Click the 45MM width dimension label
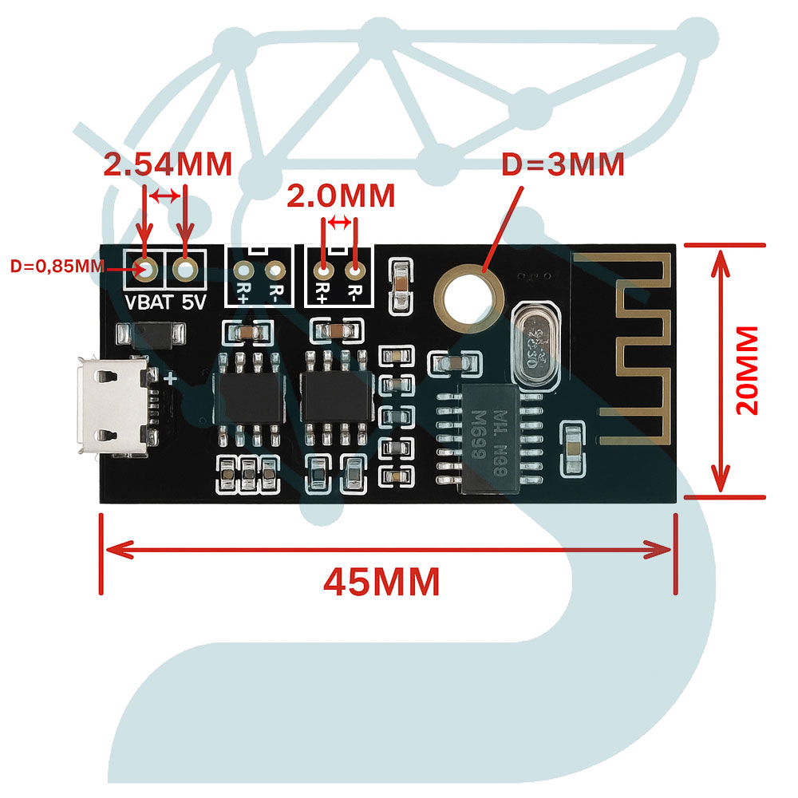pos(381,582)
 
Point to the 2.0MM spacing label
pos(341,196)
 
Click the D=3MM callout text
pos(563,165)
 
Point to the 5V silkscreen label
pos(192,303)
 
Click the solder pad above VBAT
pos(146,270)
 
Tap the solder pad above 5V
pos(185,270)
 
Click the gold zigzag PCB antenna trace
pos(638,343)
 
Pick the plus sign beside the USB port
pos(169,379)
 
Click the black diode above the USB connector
pos(152,334)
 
